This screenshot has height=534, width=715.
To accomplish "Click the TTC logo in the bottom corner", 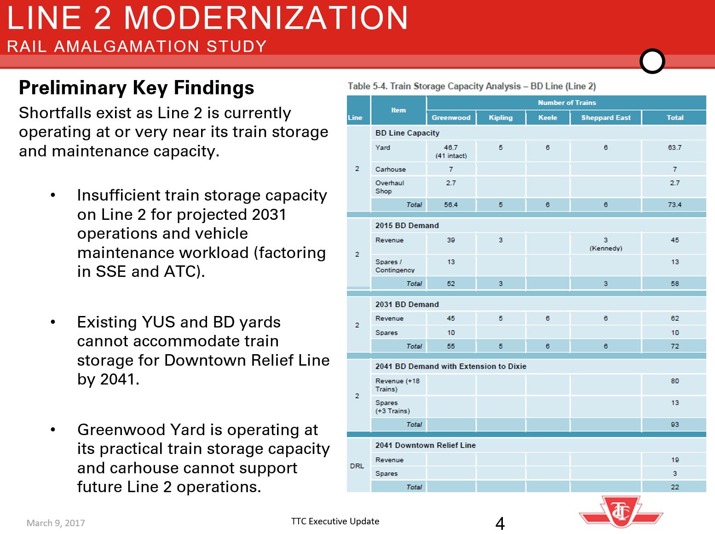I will (x=621, y=511).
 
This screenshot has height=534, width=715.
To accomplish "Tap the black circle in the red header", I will (x=652, y=61).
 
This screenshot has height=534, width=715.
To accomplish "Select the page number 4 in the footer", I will (x=500, y=523).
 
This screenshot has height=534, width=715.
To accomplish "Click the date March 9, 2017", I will (x=56, y=523).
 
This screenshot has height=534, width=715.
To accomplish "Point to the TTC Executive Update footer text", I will (x=335, y=521).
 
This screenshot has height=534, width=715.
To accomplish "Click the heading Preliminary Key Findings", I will (x=136, y=87).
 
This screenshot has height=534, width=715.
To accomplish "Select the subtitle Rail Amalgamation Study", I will (x=137, y=46).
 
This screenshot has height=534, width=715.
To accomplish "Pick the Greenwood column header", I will (x=451, y=118).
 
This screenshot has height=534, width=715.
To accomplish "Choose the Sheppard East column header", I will (x=605, y=118).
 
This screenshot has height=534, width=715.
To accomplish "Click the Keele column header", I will (x=548, y=118).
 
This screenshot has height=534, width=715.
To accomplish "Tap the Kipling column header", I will (x=501, y=118).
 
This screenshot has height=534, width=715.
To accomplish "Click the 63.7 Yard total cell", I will (x=675, y=148).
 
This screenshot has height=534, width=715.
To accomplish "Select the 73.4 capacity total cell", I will (x=675, y=205).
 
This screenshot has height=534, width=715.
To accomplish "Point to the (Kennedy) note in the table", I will (x=605, y=248).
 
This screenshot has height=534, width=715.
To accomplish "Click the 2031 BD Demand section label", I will (x=407, y=304).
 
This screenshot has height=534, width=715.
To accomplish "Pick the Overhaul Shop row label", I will (x=389, y=187).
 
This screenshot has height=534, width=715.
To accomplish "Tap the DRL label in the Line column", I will (x=357, y=466).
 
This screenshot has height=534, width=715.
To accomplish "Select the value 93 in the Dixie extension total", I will (x=675, y=425).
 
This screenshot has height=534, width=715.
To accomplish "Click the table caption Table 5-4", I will (x=472, y=86).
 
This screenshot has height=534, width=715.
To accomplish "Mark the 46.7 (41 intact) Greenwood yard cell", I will (x=451, y=151).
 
